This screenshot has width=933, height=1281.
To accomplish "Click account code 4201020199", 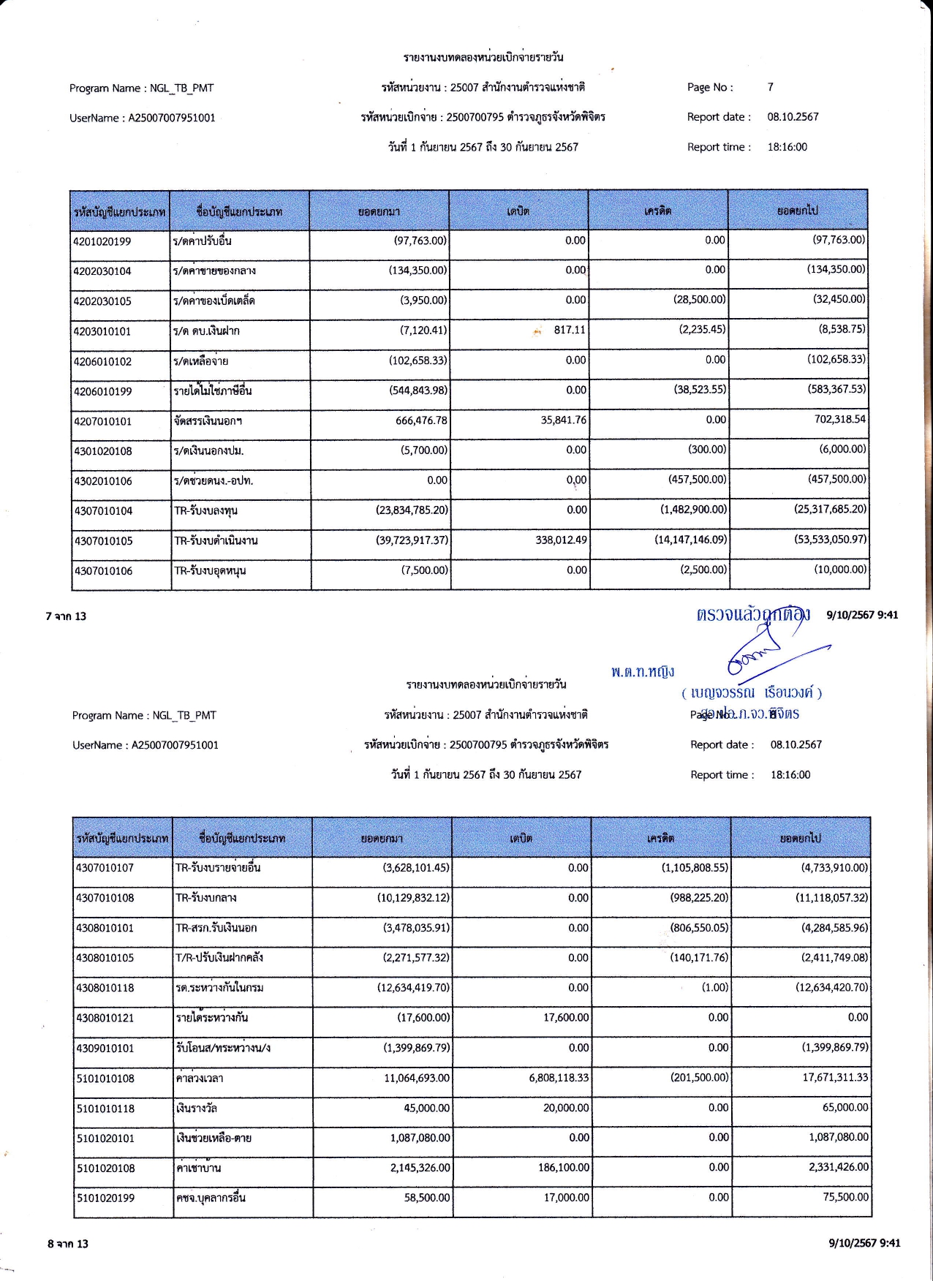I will pyautogui.click(x=102, y=241).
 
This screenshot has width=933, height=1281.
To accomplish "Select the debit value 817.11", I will pyautogui.click(x=569, y=330).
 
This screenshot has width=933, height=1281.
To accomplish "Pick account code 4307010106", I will pyautogui.click(x=103, y=571).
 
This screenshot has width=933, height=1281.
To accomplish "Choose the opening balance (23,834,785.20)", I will pyautogui.click(x=412, y=510).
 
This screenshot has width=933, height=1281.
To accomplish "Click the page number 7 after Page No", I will pyautogui.click(x=770, y=87).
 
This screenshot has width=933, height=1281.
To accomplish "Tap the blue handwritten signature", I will pyautogui.click(x=760, y=652).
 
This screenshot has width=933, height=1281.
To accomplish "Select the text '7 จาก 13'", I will pyautogui.click(x=66, y=616).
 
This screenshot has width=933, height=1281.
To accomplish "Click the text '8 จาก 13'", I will pyautogui.click(x=68, y=1244).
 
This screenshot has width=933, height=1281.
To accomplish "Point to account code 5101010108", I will pyautogui.click(x=105, y=1078).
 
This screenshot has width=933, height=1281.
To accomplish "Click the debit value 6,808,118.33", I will pyautogui.click(x=559, y=1078).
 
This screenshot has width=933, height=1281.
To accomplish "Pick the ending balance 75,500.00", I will pyautogui.click(x=845, y=1197).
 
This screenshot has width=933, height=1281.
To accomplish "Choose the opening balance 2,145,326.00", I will pyautogui.click(x=420, y=1168).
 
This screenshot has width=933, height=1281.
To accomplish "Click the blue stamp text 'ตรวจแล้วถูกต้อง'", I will pyautogui.click(x=752, y=614).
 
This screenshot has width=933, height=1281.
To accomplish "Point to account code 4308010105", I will pyautogui.click(x=105, y=958).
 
